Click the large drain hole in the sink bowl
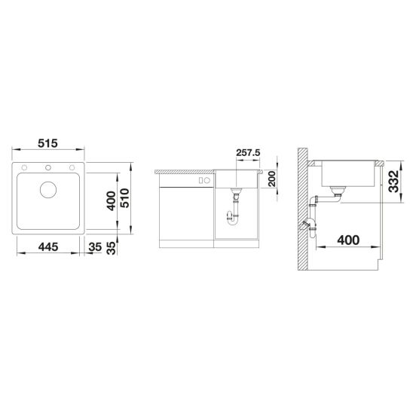click(x=47, y=189)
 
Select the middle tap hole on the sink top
click(x=47, y=167)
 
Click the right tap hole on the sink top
click(x=72, y=167)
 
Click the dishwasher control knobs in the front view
click(x=203, y=181)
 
